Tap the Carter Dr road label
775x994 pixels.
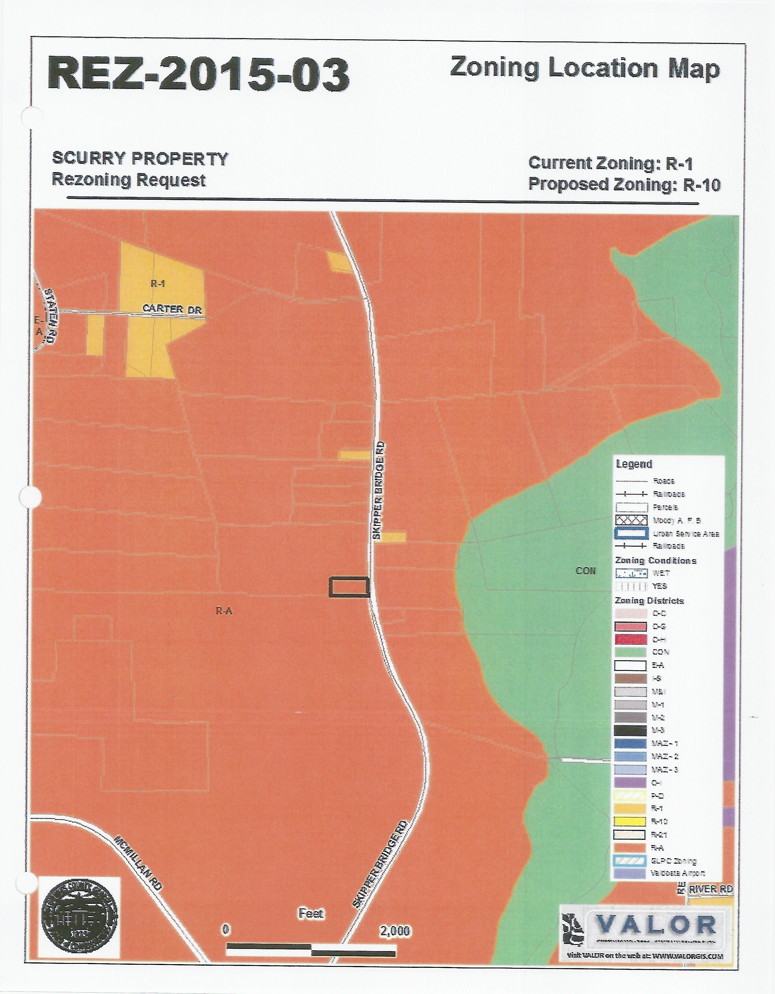click(x=172, y=309)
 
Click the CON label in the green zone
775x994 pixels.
click(x=586, y=571)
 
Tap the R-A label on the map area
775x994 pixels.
click(x=224, y=611)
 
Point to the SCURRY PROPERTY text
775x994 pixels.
click(x=140, y=159)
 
